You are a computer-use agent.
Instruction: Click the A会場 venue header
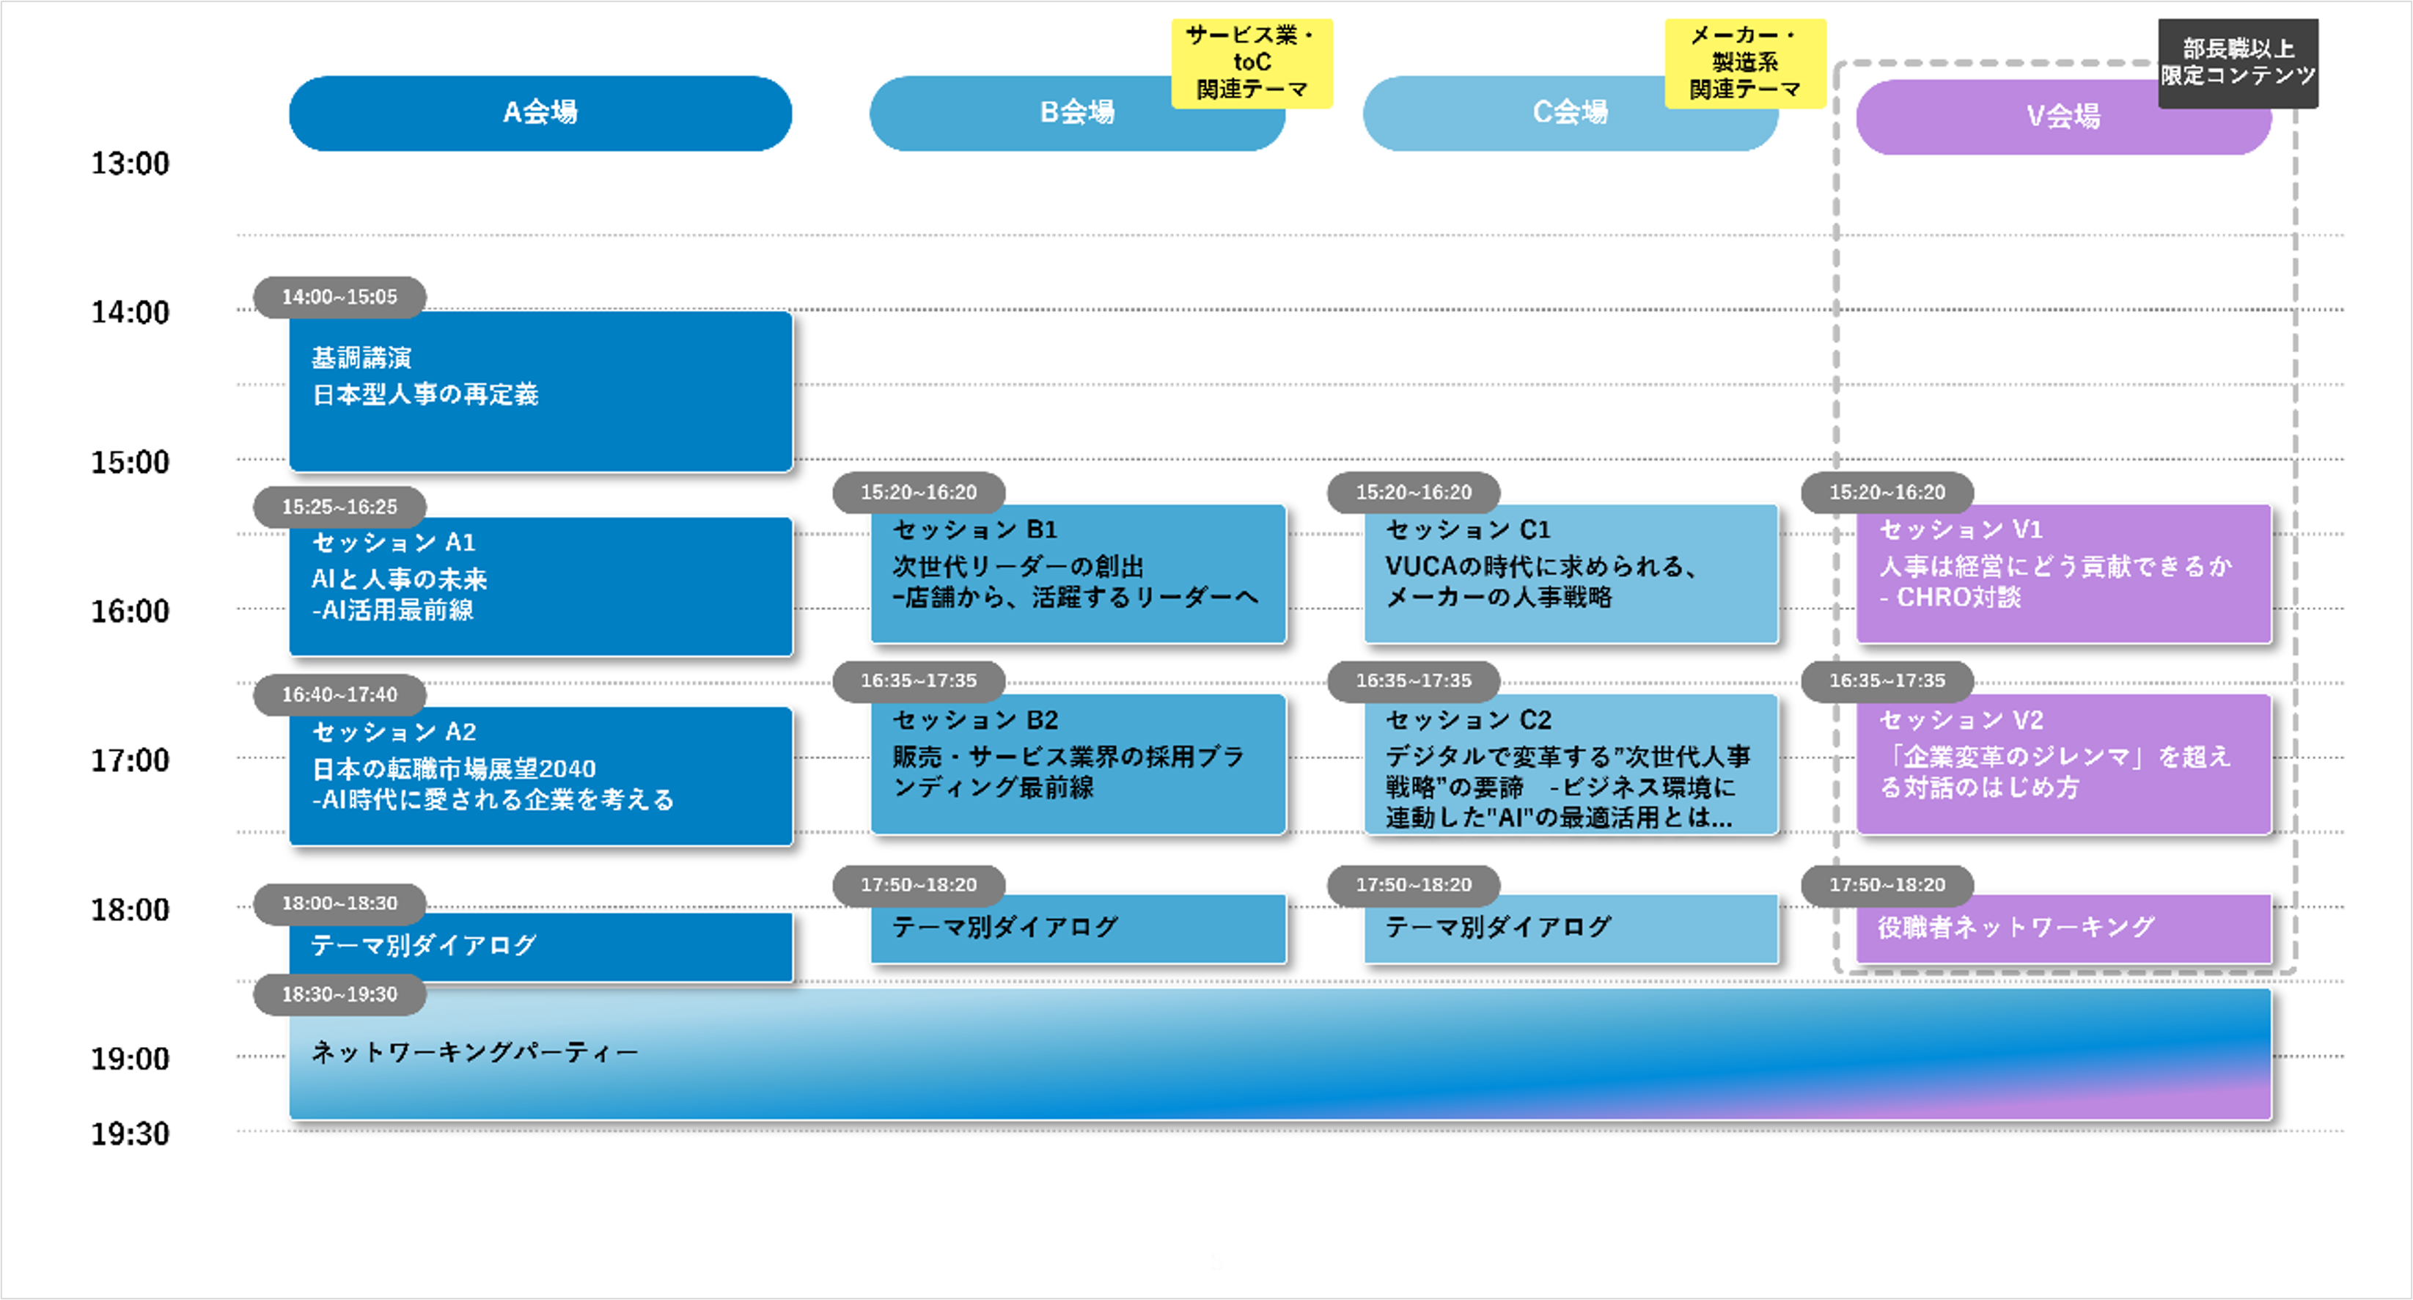[540, 114]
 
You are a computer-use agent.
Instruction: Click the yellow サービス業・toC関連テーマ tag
[1252, 63]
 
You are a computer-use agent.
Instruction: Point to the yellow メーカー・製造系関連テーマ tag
[1744, 63]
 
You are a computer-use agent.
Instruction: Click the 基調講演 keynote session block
[540, 392]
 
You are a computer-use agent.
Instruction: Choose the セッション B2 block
[1077, 763]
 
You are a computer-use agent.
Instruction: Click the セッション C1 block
[1570, 573]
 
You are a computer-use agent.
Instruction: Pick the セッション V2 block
[2063, 763]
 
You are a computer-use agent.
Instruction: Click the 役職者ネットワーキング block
[2063, 928]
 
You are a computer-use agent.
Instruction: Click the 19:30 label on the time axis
[131, 1134]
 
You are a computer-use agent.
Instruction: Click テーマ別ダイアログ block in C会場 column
[1570, 928]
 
